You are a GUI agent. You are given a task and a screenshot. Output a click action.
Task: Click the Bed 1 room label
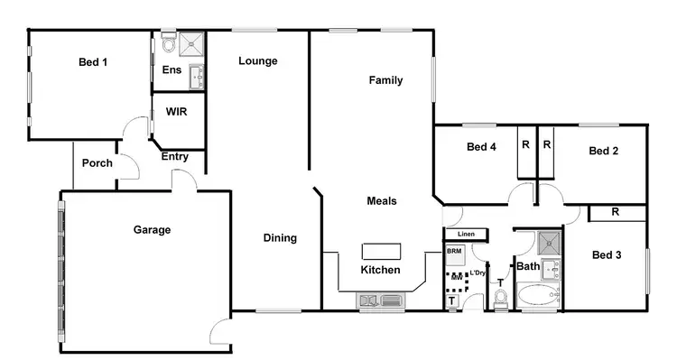[x=93, y=61]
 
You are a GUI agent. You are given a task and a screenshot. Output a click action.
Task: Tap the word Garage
[x=153, y=230]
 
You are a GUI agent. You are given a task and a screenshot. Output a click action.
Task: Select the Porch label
[x=97, y=163]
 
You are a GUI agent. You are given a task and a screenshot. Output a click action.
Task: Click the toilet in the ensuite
[x=168, y=44]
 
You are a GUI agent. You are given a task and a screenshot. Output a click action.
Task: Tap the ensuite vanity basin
[x=198, y=78]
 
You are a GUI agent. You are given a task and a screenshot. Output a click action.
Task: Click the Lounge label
[x=258, y=61]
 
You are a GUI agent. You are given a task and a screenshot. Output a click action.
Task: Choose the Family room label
[x=385, y=80]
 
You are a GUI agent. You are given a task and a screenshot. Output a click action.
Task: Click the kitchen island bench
[x=380, y=251]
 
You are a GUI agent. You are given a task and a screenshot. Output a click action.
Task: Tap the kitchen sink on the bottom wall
[x=371, y=299]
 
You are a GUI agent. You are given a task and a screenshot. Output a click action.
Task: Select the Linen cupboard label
[x=466, y=234]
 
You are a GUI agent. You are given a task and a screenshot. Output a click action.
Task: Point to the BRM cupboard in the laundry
[x=453, y=251]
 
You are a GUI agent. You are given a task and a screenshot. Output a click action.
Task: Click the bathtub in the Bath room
[x=539, y=296]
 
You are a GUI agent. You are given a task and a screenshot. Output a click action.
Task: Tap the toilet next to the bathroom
[x=501, y=297]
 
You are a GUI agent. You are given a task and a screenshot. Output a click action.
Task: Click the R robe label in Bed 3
[x=615, y=213]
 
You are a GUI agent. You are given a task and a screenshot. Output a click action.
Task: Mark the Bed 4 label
[x=481, y=147]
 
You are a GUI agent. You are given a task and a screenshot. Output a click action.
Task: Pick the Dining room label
[x=280, y=238]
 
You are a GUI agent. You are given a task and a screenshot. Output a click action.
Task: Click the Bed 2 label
[x=603, y=151]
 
